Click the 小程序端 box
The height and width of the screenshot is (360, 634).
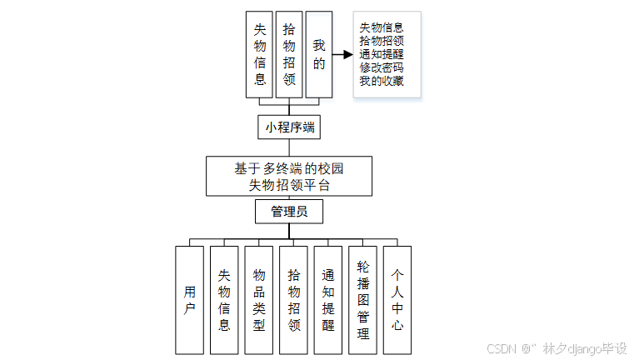[289, 127]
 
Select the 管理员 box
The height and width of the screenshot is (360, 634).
[289, 212]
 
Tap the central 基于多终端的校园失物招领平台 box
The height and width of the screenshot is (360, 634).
[289, 176]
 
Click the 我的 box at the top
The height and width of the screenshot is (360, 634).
[318, 54]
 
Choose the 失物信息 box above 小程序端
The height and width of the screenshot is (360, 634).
[260, 54]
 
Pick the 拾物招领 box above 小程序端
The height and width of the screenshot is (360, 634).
[289, 54]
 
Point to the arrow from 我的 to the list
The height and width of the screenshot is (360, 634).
[342, 55]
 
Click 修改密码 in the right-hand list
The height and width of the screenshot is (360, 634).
[382, 67]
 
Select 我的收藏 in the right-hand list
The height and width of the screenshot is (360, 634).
[382, 81]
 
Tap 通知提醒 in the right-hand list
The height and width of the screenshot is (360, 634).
[382, 54]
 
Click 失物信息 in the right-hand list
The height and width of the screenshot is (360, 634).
[382, 27]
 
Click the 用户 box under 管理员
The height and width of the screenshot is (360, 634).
[189, 300]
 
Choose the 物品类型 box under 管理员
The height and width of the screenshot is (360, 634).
[259, 300]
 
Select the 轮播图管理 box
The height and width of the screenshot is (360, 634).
[362, 300]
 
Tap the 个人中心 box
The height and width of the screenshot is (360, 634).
[397, 300]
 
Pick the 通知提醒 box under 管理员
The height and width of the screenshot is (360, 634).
[328, 300]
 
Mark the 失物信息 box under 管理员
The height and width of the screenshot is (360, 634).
[224, 300]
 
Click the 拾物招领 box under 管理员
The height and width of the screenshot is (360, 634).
[293, 300]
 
